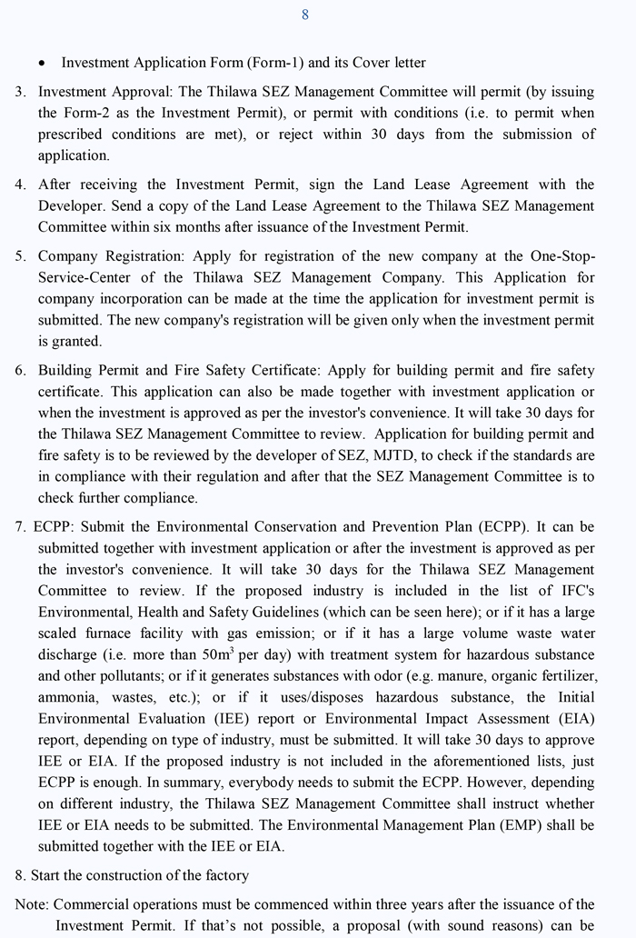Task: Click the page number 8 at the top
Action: pyautogui.click(x=305, y=15)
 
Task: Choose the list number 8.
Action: pyautogui.click(x=19, y=875)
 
